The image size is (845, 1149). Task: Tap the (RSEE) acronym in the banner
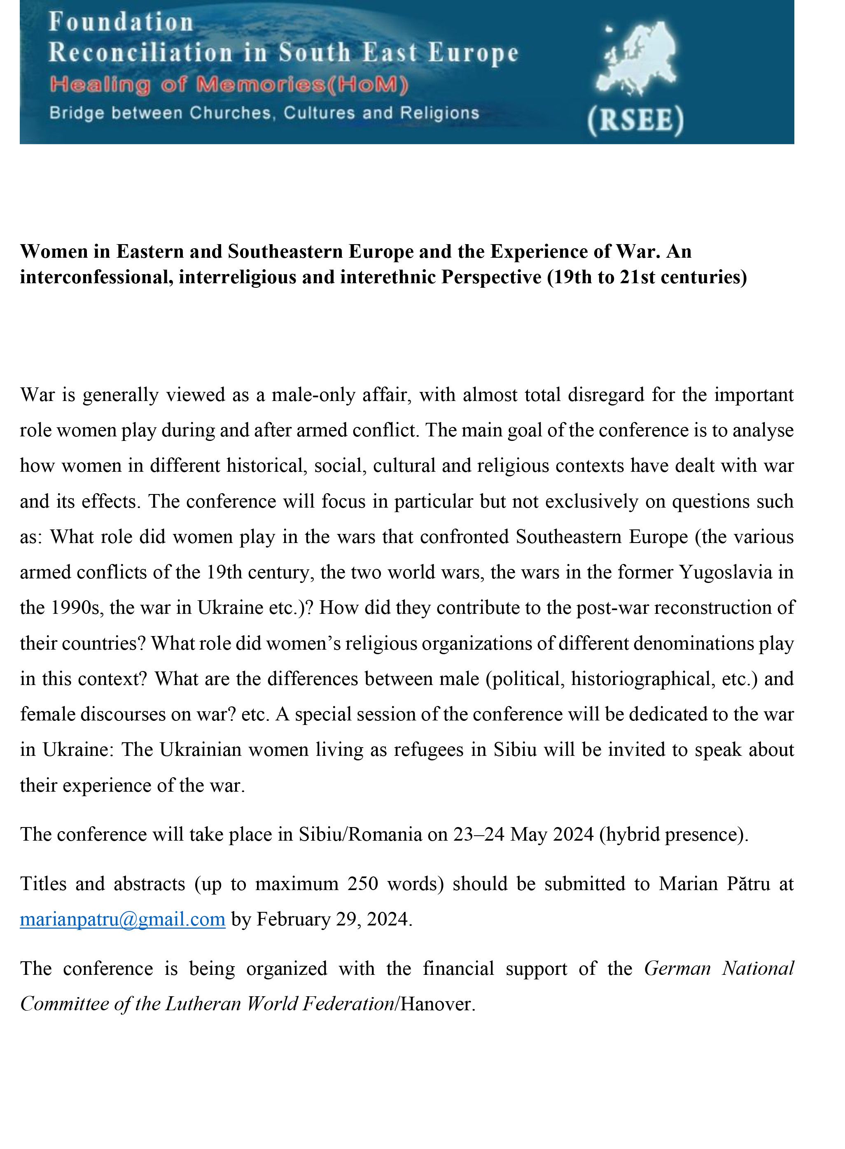pyautogui.click(x=636, y=121)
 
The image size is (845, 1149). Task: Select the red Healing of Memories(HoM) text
pyautogui.click(x=229, y=85)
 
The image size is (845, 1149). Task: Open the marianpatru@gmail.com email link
pyautogui.click(x=123, y=919)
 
